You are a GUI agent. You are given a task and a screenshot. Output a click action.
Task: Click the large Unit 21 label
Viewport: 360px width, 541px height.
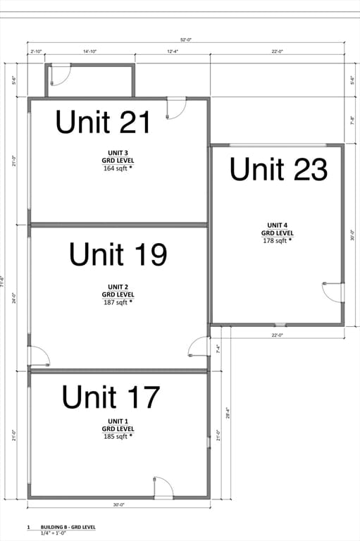pyautogui.click(x=103, y=123)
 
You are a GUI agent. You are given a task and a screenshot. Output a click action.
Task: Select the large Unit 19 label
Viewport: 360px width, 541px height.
pyautogui.click(x=118, y=254)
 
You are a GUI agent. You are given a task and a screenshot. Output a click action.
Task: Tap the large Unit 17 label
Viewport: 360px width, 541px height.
pyautogui.click(x=111, y=397)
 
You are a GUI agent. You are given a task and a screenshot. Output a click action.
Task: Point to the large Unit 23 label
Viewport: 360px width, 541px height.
pyautogui.click(x=278, y=170)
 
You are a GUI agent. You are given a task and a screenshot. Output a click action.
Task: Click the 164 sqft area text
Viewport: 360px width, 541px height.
pyautogui.click(x=118, y=168)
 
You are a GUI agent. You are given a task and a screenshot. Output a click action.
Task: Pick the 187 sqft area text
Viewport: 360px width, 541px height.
pyautogui.click(x=118, y=302)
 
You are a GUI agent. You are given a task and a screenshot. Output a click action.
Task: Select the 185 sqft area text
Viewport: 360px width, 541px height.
pyautogui.click(x=118, y=436)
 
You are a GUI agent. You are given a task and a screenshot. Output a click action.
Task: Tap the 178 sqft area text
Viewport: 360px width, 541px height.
pyautogui.click(x=278, y=240)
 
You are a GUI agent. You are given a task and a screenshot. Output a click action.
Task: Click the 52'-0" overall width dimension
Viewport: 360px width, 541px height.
pyautogui.click(x=185, y=40)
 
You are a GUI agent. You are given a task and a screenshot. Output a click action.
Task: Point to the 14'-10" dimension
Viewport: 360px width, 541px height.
pyautogui.click(x=89, y=51)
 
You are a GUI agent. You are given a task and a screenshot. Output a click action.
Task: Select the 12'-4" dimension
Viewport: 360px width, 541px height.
pyautogui.click(x=173, y=51)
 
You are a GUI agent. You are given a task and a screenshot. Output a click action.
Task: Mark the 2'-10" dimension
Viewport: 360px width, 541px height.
pyautogui.click(x=37, y=51)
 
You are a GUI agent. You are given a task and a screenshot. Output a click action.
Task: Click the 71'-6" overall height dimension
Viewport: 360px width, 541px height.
pyautogui.click(x=4, y=282)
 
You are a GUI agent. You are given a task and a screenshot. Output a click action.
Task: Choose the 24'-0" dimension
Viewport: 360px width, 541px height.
pyautogui.click(x=13, y=297)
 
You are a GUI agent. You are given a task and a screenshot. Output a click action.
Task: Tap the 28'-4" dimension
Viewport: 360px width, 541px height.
pyautogui.click(x=228, y=411)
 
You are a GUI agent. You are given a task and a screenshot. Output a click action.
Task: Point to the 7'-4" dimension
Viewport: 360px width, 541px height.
pyautogui.click(x=218, y=347)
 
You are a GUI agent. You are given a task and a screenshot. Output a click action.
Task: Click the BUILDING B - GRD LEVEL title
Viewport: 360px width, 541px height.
pyautogui.click(x=68, y=527)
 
